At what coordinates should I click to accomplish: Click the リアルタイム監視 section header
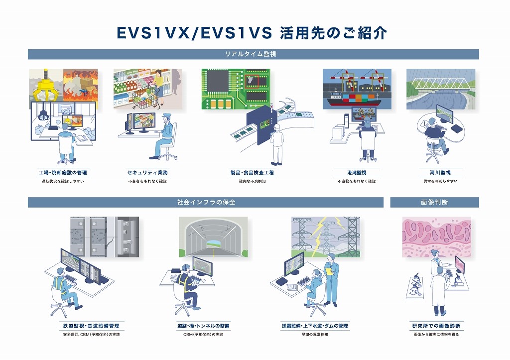click(x=253, y=54)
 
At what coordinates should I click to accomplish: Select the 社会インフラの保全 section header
click(x=206, y=202)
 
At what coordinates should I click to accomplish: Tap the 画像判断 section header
click(x=434, y=202)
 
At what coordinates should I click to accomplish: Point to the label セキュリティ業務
click(x=147, y=173)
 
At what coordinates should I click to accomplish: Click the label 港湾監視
click(x=357, y=173)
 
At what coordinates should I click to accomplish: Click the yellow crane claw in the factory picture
click(x=46, y=87)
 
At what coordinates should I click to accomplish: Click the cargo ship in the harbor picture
click(x=353, y=100)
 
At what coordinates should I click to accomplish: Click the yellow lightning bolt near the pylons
click(x=319, y=229)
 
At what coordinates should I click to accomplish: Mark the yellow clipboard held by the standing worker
click(x=328, y=271)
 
